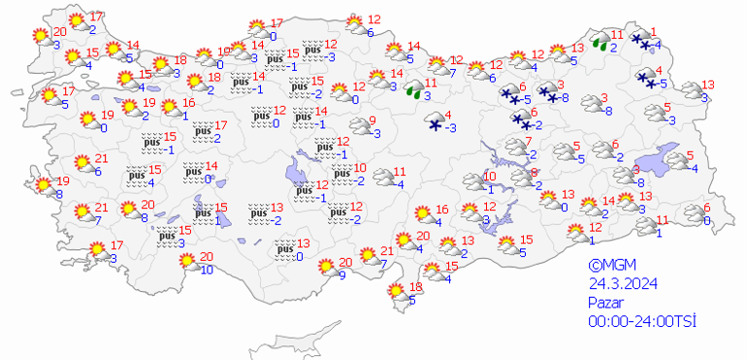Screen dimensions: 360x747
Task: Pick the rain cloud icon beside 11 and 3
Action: (415, 91)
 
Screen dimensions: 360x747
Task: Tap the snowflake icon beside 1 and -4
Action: (642, 41)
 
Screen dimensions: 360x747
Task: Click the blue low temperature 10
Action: (207, 270)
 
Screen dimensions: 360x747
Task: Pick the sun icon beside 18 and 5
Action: (396, 291)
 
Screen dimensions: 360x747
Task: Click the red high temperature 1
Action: (654, 30)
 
